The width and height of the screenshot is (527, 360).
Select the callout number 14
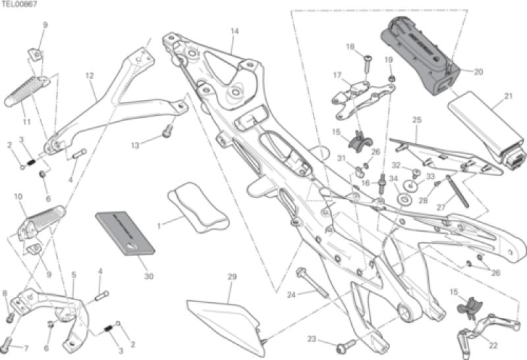point(234,31)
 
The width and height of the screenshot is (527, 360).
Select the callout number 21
point(508,96)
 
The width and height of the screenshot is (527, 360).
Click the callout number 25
point(416,120)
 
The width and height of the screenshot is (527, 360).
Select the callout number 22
point(493,345)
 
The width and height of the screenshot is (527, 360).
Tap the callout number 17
point(337,75)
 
